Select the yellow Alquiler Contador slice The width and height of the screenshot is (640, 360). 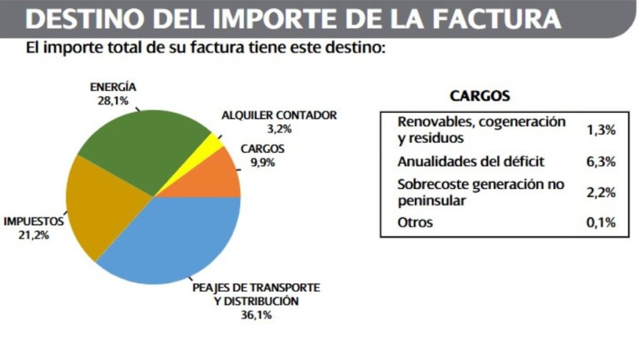coord(213,144)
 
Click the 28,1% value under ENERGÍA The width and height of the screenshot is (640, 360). coord(112,100)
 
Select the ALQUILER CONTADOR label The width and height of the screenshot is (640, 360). coord(279,116)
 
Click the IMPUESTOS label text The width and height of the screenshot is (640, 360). coord(34,221)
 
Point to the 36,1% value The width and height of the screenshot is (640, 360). coord(259,315)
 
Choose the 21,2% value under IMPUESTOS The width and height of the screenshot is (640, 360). coord(34,236)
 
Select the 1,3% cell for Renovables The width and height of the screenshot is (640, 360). coord(602,130)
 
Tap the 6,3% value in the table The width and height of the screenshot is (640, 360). coord(602,162)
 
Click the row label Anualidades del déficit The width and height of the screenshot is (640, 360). coord(471,162)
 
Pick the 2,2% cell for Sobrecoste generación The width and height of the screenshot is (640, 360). coord(602,193)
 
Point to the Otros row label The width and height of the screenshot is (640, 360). coord(415,222)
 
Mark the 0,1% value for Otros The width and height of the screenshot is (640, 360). coord(602,222)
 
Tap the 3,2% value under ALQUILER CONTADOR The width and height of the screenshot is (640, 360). coord(279,129)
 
